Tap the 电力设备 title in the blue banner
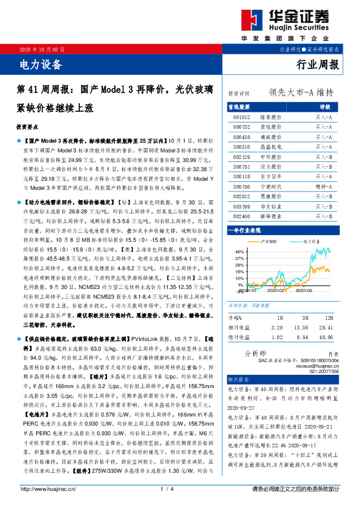[37, 62]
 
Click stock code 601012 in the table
[241, 118]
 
